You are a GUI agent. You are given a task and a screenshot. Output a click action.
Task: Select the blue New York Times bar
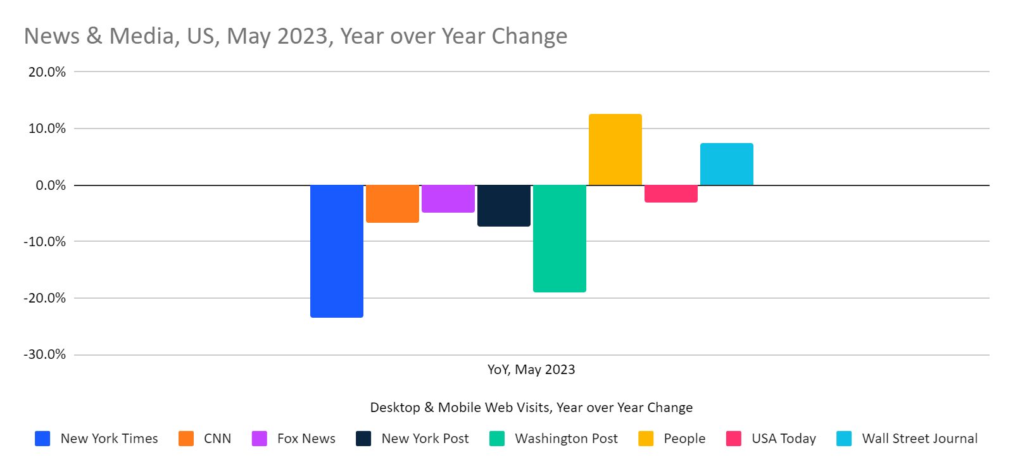tap(337, 251)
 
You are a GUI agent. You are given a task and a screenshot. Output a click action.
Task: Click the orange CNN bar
tap(393, 204)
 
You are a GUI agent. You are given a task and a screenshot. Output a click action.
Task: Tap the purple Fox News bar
tap(448, 199)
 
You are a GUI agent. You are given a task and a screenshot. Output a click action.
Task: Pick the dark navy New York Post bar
tap(504, 206)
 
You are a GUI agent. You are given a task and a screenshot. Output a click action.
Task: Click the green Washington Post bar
tap(560, 238)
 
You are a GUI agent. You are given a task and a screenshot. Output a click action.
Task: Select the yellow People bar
tap(615, 150)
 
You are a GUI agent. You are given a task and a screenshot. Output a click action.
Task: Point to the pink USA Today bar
tap(671, 194)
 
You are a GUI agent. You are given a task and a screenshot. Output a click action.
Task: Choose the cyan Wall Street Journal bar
tap(727, 165)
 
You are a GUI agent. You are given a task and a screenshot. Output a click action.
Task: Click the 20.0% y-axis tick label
tap(47, 72)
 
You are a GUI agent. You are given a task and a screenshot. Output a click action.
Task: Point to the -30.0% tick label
tap(45, 354)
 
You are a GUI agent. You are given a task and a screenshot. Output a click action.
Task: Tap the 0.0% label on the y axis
tap(51, 185)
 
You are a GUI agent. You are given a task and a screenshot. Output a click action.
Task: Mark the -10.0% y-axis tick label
tap(45, 242)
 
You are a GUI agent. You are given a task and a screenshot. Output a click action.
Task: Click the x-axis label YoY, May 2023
tap(531, 370)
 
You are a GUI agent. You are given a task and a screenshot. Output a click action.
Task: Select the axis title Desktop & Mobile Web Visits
tap(531, 408)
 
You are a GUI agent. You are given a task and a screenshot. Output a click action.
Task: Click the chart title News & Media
tap(295, 36)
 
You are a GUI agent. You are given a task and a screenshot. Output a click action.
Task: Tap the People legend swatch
tap(646, 439)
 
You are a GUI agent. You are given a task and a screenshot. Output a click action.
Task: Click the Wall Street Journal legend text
tap(919, 439)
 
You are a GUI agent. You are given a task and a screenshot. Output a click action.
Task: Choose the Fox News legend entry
tap(306, 439)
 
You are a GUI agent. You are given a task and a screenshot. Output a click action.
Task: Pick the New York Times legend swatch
tap(42, 439)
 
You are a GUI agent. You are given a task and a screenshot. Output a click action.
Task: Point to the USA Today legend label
tap(783, 439)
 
